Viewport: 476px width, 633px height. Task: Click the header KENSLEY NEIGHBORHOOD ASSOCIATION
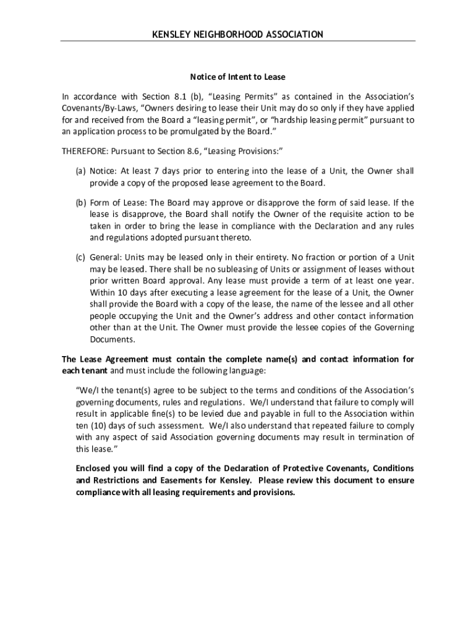coord(237,35)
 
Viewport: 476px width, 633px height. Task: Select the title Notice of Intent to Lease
coord(237,77)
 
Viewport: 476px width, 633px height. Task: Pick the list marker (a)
coord(80,171)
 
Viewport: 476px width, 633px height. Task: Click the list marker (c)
coord(80,257)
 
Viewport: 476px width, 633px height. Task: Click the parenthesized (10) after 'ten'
coord(101,426)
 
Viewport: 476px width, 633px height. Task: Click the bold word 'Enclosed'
coord(94,468)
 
